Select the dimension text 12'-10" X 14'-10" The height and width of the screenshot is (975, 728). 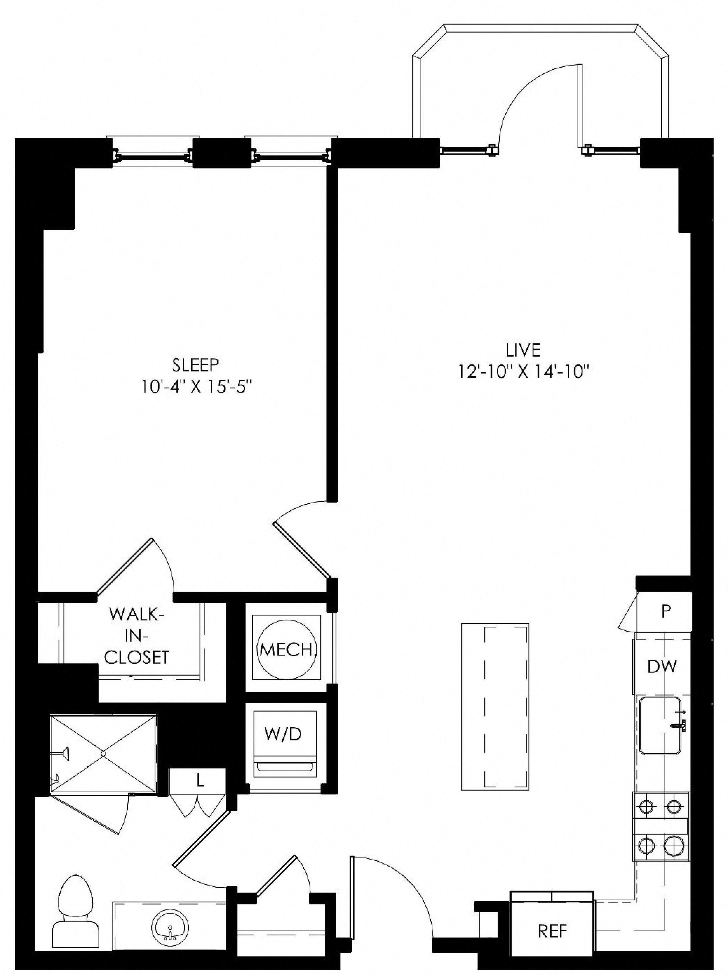[523, 372]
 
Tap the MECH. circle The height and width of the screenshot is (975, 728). [287, 649]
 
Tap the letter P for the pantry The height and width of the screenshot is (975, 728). [666, 611]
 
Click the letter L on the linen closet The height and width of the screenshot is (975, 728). [200, 781]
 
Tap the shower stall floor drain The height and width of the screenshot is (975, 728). [103, 754]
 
